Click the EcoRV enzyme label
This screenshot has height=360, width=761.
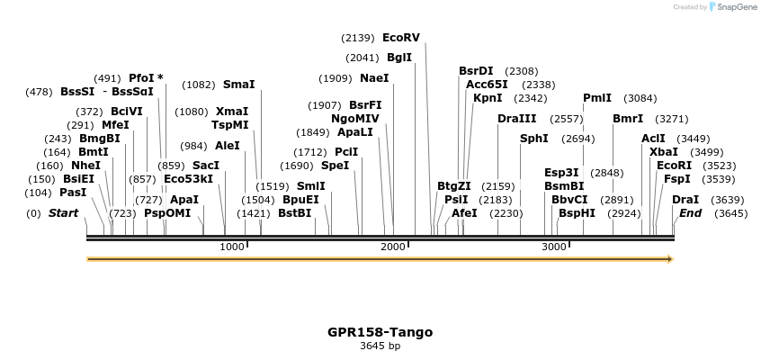401,38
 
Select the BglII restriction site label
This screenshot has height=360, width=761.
399,58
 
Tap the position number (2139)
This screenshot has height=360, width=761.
357,38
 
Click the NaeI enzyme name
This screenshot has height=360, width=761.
374,78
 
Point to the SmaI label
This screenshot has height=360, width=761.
238,85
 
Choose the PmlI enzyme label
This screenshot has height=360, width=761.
597,98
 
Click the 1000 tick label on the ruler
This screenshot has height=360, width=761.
232,247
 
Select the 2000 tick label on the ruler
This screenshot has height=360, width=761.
393,247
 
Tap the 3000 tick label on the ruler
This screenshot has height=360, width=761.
553,247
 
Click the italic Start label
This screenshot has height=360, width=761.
63,213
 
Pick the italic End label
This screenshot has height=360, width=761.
691,213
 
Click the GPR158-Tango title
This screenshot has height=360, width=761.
380,332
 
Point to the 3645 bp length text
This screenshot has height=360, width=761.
380,346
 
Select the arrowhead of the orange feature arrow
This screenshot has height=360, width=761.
668,259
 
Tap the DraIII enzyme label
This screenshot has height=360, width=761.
516,119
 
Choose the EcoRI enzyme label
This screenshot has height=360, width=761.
674,166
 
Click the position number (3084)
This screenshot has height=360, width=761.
640,98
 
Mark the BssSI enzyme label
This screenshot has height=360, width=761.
77,92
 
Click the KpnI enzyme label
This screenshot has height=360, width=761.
488,98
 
